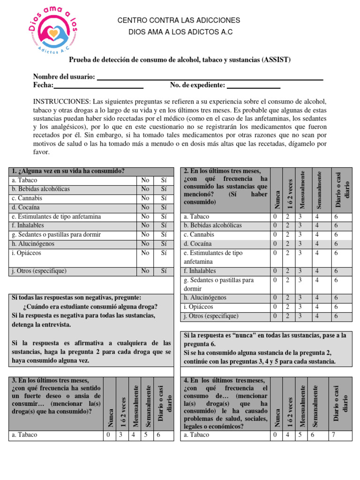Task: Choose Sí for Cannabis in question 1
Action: (x=164, y=198)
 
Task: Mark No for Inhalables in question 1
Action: (x=145, y=225)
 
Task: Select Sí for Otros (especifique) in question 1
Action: (x=164, y=271)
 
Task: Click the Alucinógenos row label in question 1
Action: (x=33, y=244)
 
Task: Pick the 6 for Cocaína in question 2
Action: (x=336, y=244)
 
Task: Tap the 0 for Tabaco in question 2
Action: (x=275, y=217)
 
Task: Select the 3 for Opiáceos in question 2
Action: (x=300, y=307)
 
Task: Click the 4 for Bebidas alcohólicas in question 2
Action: (x=316, y=225)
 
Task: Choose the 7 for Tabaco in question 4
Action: (x=333, y=435)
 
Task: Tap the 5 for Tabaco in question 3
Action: (x=146, y=435)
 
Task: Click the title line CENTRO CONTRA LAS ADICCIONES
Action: (x=178, y=21)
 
